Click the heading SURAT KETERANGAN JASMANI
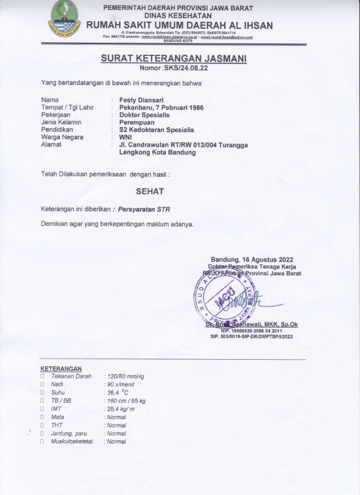(173, 59)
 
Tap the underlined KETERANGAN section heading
(61, 369)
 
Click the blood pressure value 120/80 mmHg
(124, 376)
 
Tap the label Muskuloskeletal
(72, 441)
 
